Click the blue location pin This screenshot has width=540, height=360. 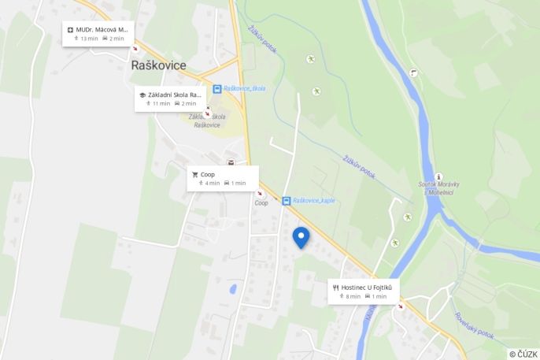tap(301, 236)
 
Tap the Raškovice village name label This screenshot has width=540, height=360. tap(157, 65)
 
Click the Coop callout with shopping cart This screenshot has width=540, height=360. tap(223, 178)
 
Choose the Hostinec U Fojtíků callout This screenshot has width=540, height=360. tap(364, 291)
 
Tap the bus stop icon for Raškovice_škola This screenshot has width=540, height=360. tap(217, 89)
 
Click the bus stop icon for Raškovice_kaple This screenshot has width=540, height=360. tap(286, 201)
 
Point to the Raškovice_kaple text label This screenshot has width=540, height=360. tap(313, 201)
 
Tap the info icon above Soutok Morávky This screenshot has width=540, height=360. tap(438, 176)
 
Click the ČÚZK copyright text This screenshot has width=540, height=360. tap(523, 354)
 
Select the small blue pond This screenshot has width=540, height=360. tap(233, 289)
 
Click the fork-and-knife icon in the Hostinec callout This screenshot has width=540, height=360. tap(336, 288)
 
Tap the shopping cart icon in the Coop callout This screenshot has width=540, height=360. tap(194, 174)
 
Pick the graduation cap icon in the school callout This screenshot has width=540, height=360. tap(142, 95)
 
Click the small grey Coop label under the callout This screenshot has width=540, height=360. tap(261, 202)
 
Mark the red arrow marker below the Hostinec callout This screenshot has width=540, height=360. tap(400, 306)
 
